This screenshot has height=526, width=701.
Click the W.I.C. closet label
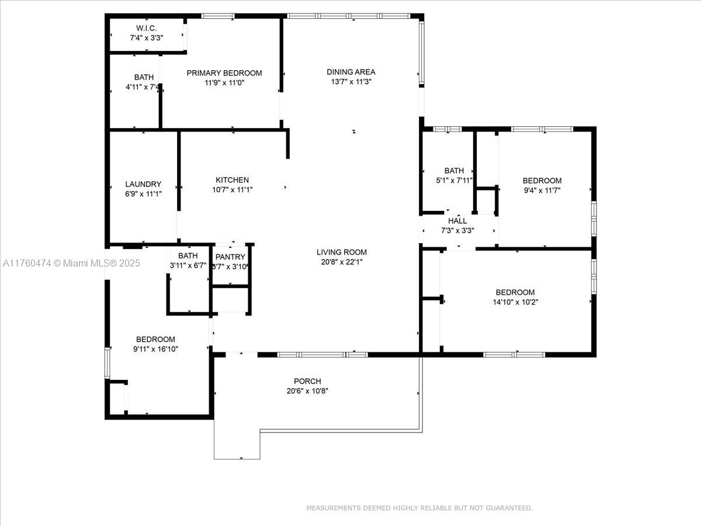pyautogui.click(x=146, y=28)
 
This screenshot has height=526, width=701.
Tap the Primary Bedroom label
pyautogui.click(x=224, y=73)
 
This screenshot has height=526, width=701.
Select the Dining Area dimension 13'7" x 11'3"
pyautogui.click(x=351, y=82)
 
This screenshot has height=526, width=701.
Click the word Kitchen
pyautogui.click(x=232, y=180)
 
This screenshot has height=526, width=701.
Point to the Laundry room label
pyautogui.click(x=143, y=184)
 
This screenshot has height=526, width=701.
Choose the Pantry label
pyautogui.click(x=230, y=257)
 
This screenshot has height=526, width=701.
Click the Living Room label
pyautogui.click(x=342, y=252)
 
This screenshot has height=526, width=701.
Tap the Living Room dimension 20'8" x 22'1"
pyautogui.click(x=342, y=262)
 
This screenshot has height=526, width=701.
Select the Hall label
pyautogui.click(x=457, y=221)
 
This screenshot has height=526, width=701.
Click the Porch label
pyautogui.click(x=307, y=381)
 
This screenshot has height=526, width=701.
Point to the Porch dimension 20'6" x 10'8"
pyautogui.click(x=307, y=391)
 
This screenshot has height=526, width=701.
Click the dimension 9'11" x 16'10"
pyautogui.click(x=155, y=349)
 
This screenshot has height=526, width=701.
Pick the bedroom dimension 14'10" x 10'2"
pyautogui.click(x=515, y=302)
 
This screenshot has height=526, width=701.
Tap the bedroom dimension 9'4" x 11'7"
pyautogui.click(x=542, y=191)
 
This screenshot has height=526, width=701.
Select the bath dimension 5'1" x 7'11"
pyautogui.click(x=454, y=181)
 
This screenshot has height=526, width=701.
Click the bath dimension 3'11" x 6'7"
pyautogui.click(x=188, y=266)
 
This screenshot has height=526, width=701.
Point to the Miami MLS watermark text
pyautogui.click(x=71, y=263)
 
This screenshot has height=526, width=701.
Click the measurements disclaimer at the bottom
pyautogui.click(x=419, y=508)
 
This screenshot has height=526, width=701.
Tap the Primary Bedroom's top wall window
pyautogui.click(x=218, y=16)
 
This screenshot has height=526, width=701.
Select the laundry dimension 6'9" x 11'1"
pyautogui.click(x=143, y=194)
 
